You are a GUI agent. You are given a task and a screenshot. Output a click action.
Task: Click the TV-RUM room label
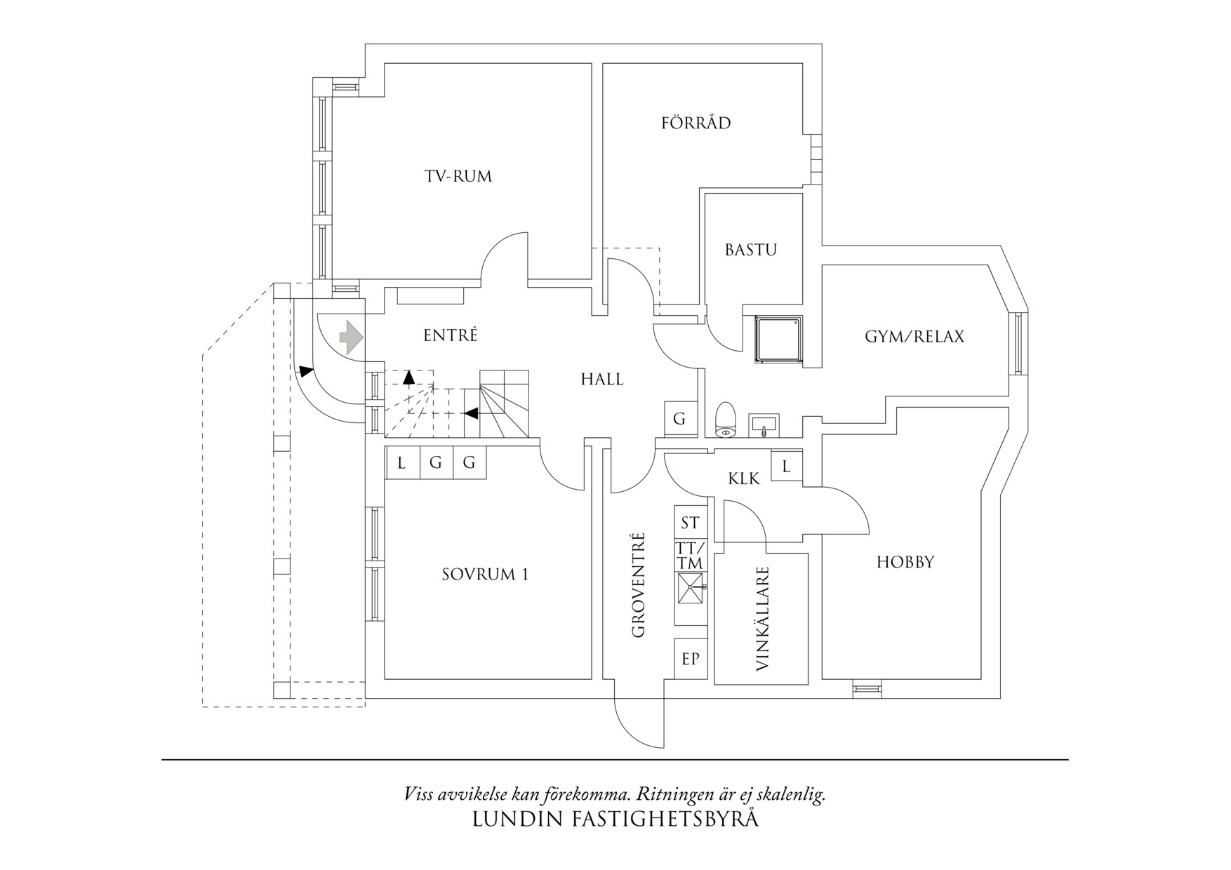pos(458,176)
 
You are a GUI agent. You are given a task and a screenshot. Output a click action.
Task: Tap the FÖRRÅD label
pos(696,123)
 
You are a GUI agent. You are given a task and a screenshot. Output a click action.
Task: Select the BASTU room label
pos(750,250)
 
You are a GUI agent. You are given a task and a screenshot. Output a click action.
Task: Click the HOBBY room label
pos(905,562)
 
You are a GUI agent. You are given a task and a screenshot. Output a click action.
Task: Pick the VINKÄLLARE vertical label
pos(764,620)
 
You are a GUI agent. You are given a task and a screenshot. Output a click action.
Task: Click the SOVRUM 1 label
pos(485,575)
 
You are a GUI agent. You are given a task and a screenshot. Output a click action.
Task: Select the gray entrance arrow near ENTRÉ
pos(351,337)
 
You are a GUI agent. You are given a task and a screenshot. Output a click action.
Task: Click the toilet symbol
pos(724,420)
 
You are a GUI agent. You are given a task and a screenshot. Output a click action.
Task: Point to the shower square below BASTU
pos(778,340)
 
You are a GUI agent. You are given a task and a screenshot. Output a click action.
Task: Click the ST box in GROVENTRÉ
pos(690,523)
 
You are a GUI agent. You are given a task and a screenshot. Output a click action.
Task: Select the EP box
pos(691,659)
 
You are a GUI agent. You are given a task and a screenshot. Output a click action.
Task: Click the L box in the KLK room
pos(786,466)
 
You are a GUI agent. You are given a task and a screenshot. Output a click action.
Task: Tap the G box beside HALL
pos(679,419)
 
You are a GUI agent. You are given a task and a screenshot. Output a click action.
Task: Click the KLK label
pos(744,479)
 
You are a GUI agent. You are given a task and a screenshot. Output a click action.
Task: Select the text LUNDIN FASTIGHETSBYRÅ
pos(615,819)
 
